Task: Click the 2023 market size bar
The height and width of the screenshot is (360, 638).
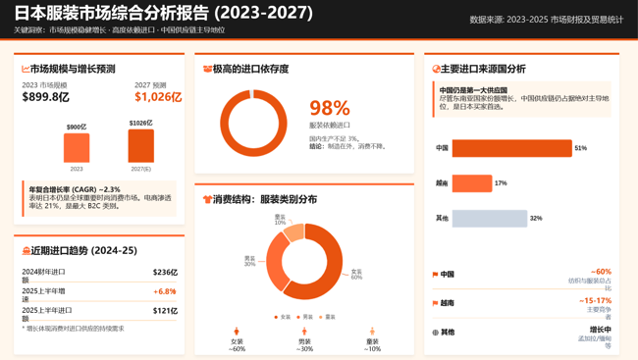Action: click(x=77, y=148)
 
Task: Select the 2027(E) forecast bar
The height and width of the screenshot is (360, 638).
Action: click(x=140, y=146)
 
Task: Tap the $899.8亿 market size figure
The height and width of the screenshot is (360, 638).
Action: click(x=46, y=97)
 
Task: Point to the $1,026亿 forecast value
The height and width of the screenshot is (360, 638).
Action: click(x=158, y=97)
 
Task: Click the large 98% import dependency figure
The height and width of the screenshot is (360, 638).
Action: click(x=329, y=109)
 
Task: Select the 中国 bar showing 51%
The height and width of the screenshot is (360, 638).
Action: click(x=511, y=148)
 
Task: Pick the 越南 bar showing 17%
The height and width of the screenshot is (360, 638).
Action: click(x=471, y=183)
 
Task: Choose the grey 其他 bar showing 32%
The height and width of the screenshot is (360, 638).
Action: click(x=489, y=219)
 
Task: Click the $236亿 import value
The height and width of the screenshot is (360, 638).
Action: click(x=165, y=272)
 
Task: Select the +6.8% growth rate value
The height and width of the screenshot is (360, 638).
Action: click(x=164, y=291)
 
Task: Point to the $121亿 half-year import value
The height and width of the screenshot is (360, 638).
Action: click(x=165, y=311)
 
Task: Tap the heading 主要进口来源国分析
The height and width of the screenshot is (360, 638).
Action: click(x=483, y=70)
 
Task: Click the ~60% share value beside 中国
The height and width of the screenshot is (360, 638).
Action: click(x=601, y=272)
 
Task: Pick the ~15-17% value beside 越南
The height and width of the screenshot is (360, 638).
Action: click(x=595, y=301)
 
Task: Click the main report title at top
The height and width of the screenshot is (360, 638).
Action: click(x=163, y=14)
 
